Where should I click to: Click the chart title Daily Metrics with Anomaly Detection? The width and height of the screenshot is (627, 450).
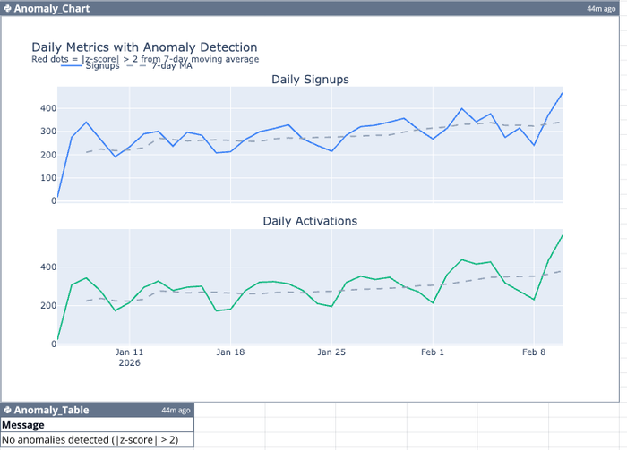pyautogui.click(x=144, y=47)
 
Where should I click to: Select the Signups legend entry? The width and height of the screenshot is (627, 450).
pyautogui.click(x=102, y=66)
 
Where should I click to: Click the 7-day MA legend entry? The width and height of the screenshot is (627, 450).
pyautogui.click(x=171, y=66)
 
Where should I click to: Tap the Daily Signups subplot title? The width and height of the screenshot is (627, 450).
pyautogui.click(x=310, y=80)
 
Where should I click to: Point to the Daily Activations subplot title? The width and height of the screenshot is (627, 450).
pyautogui.click(x=310, y=221)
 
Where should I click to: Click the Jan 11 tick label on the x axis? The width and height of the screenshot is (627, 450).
pyautogui.click(x=130, y=352)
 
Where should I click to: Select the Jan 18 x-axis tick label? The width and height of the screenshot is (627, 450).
pyautogui.click(x=230, y=352)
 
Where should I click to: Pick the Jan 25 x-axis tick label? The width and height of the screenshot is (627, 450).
pyautogui.click(x=331, y=352)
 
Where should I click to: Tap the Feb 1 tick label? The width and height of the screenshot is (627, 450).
pyautogui.click(x=433, y=352)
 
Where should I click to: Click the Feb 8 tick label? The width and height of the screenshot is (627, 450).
pyautogui.click(x=534, y=352)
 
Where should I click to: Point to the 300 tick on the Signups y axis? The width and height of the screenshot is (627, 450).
pyautogui.click(x=48, y=132)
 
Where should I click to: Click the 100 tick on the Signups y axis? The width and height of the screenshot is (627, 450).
pyautogui.click(x=48, y=178)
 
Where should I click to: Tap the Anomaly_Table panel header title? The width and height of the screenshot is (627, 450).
pyautogui.click(x=51, y=410)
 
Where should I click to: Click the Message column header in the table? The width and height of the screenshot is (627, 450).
pyautogui.click(x=23, y=425)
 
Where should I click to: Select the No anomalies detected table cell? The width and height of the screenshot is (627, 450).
pyautogui.click(x=90, y=440)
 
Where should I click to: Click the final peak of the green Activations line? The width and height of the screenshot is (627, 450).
pyautogui.click(x=563, y=235)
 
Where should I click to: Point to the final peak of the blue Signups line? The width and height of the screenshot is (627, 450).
pyautogui.click(x=563, y=92)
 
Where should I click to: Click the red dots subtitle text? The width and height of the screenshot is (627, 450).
pyautogui.click(x=145, y=59)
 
